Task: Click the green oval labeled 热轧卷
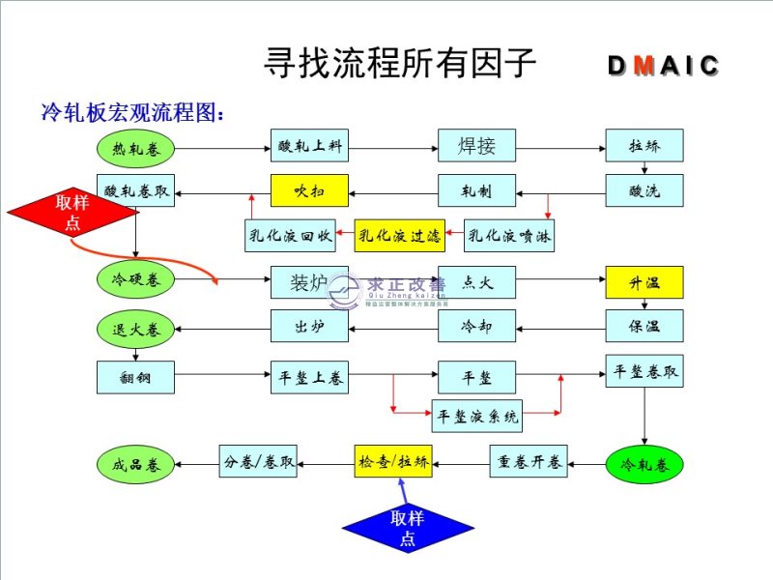click(x=136, y=150)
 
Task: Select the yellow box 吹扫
click(x=308, y=191)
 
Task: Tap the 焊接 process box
click(x=476, y=146)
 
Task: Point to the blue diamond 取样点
click(x=407, y=528)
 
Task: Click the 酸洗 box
click(x=644, y=191)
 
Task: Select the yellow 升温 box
click(x=644, y=283)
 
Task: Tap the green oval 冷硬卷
click(x=136, y=280)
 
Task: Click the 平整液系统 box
click(x=477, y=417)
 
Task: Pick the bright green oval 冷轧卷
click(x=644, y=465)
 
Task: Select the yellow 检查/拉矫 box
click(x=393, y=462)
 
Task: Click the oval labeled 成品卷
click(x=136, y=465)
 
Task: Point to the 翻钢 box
click(x=136, y=377)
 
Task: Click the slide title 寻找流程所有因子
click(x=399, y=63)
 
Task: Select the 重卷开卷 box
click(x=530, y=462)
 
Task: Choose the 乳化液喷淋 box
click(x=509, y=235)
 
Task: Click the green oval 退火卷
click(x=136, y=330)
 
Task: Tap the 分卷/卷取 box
click(x=258, y=462)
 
